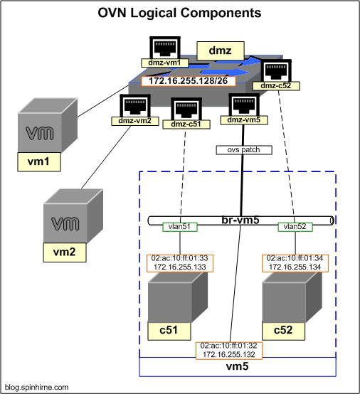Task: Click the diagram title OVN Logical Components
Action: pos(179,13)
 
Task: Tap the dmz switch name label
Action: pos(221,50)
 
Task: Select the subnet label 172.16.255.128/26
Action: pos(189,81)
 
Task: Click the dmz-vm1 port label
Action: pos(164,63)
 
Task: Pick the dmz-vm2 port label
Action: pos(135,121)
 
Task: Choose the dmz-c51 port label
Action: pos(186,124)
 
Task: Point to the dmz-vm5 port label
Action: pos(244,120)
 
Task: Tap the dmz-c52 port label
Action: pos(276,85)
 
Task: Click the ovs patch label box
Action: pos(244,150)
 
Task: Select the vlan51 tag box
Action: pos(180,227)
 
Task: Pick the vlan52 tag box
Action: pos(295,227)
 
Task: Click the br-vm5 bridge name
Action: pos(240,220)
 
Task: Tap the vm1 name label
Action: pos(38,161)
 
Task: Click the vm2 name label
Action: pos(64,252)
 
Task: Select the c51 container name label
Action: pos(169,331)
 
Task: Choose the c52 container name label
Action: pos(283,331)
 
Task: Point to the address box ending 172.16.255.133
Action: pos(180,263)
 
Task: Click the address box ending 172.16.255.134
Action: pos(295,263)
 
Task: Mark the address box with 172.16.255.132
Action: pos(229,351)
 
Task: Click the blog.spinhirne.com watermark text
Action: pos(37,387)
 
